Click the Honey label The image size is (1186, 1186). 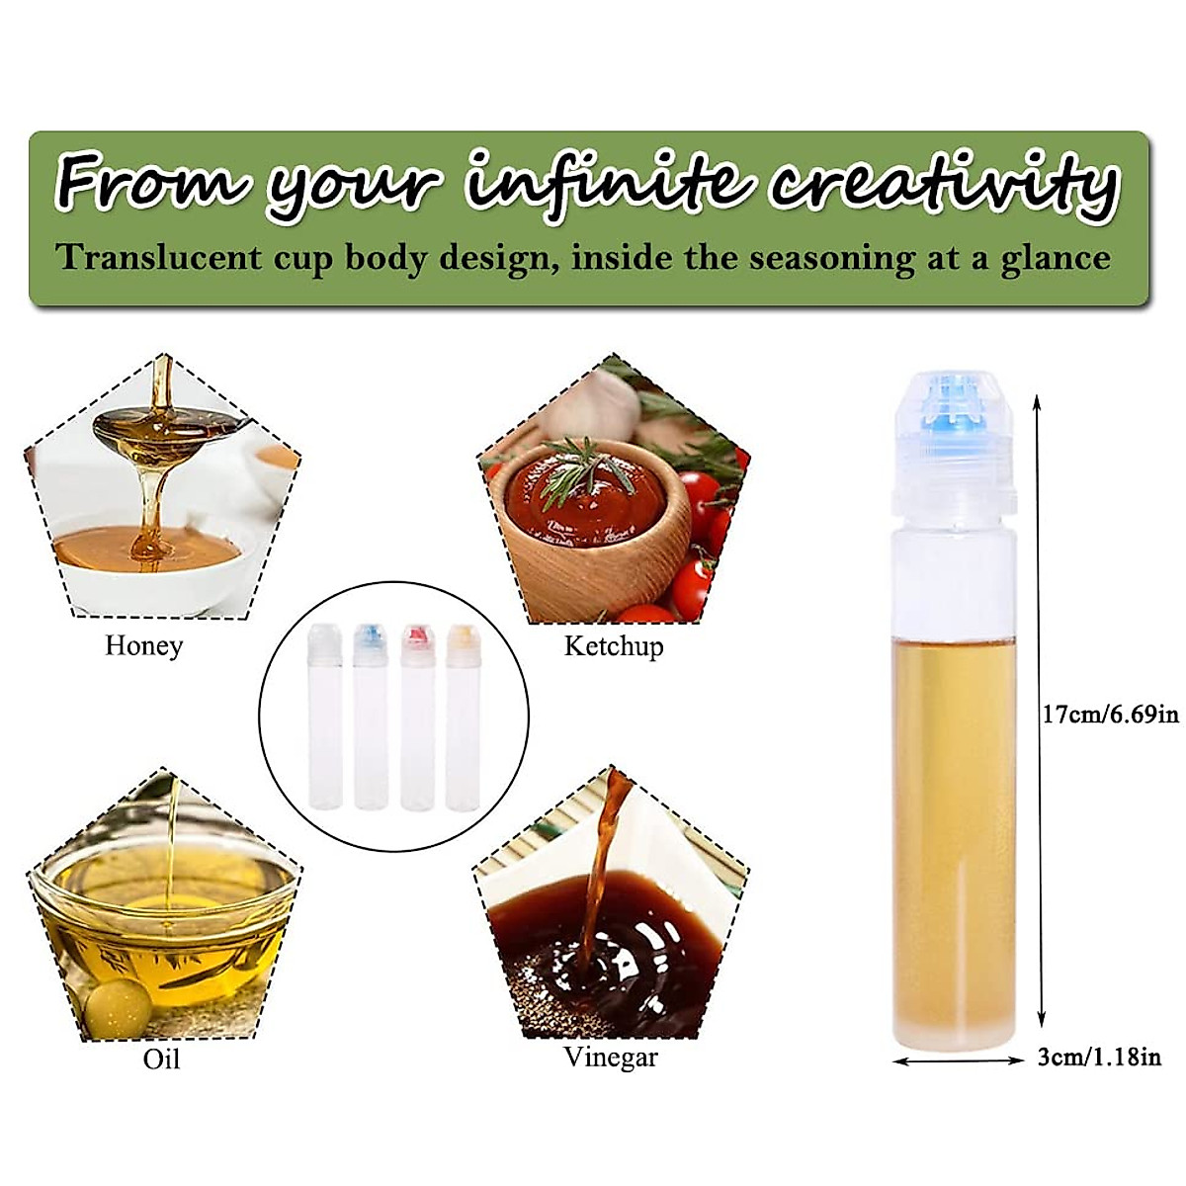click(x=144, y=645)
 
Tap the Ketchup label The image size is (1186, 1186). click(x=614, y=646)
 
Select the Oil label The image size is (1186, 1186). click(x=162, y=1059)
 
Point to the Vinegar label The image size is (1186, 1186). click(x=611, y=1057)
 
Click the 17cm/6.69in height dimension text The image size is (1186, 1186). click(x=1111, y=714)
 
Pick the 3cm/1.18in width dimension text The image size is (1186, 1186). click(x=1099, y=1058)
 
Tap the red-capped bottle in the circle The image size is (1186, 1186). click(x=416, y=718)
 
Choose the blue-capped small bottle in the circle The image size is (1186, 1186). click(x=370, y=718)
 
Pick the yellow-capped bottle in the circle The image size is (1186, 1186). click(x=462, y=718)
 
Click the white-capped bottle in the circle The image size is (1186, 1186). click(x=324, y=718)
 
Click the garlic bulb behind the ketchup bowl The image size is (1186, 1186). click(x=598, y=399)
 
